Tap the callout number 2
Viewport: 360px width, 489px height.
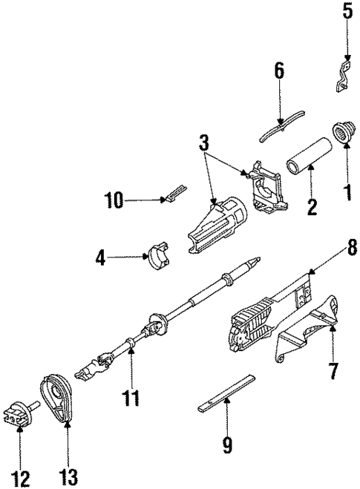312,206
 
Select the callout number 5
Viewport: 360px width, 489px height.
347,12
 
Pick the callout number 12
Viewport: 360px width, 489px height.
24,479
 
